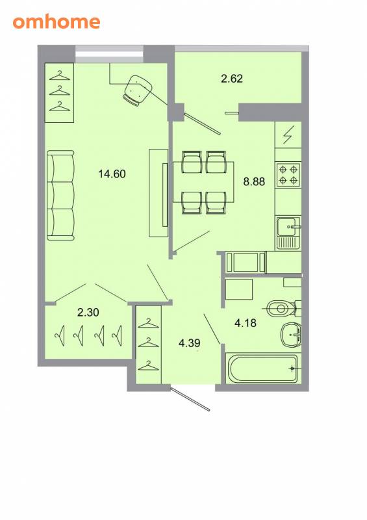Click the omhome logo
point(57,22)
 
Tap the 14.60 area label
point(112,174)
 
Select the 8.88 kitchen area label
point(254,181)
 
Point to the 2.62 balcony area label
point(232,79)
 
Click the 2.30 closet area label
point(88,313)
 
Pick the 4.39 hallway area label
point(190,343)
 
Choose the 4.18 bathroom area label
point(246,322)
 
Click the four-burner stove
point(288,174)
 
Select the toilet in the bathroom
point(283,309)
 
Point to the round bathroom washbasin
point(291,335)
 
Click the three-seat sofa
point(60,196)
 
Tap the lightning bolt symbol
point(288,135)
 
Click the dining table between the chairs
point(203,182)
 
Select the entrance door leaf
point(190,398)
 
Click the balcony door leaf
point(202,123)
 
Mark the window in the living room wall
point(109,54)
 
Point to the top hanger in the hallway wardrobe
point(149,323)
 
